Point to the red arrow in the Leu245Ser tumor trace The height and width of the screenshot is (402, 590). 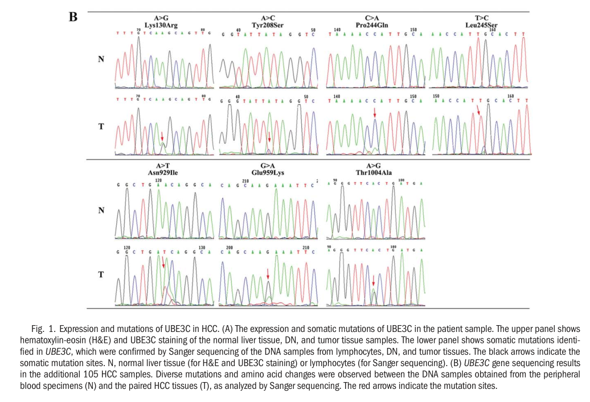(479, 117)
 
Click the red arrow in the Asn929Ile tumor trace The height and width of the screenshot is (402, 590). (163, 262)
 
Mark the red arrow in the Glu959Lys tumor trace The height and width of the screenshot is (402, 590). (268, 276)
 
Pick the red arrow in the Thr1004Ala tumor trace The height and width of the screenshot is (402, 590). (373, 281)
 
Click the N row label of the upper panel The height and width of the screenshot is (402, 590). (101, 59)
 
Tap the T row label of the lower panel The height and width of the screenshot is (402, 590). (101, 274)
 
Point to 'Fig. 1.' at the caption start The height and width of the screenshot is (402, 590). (44, 330)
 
